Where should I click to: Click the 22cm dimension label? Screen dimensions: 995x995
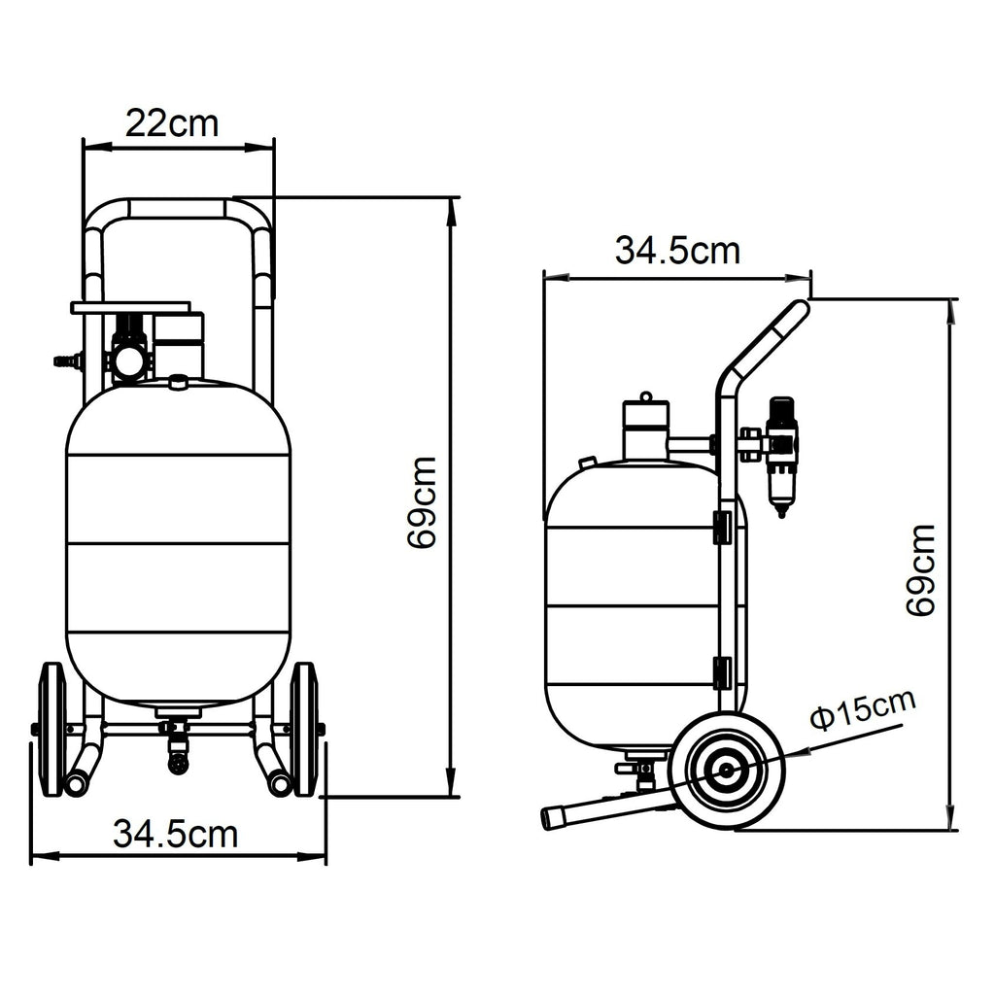pyautogui.click(x=172, y=123)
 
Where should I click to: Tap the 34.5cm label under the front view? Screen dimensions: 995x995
pyautogui.click(x=175, y=835)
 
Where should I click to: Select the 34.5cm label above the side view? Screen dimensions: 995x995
pyautogui.click(x=677, y=251)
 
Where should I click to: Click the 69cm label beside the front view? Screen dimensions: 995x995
pyautogui.click(x=423, y=502)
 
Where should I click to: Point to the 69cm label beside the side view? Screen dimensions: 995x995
pyautogui.click(x=921, y=569)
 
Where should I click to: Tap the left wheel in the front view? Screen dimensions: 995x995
pyautogui.click(x=52, y=729)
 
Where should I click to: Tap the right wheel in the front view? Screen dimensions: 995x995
pyautogui.click(x=303, y=729)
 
